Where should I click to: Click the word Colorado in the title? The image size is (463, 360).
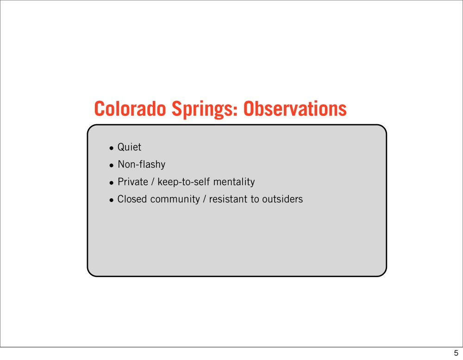click(130, 108)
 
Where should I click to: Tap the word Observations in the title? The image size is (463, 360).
click(295, 108)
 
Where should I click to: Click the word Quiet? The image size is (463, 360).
click(129, 147)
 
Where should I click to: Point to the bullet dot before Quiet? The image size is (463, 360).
click(111, 148)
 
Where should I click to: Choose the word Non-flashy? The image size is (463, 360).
click(141, 164)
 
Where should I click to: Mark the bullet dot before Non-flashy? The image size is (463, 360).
click(111, 166)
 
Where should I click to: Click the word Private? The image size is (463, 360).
click(133, 182)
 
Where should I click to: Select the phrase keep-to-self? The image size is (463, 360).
click(184, 182)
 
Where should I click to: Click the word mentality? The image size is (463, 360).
click(234, 182)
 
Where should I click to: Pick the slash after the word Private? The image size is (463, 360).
click(153, 182)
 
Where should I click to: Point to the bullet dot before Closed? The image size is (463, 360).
click(111, 201)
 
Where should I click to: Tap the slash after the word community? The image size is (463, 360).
click(204, 199)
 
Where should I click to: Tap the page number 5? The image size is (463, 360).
click(456, 353)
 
